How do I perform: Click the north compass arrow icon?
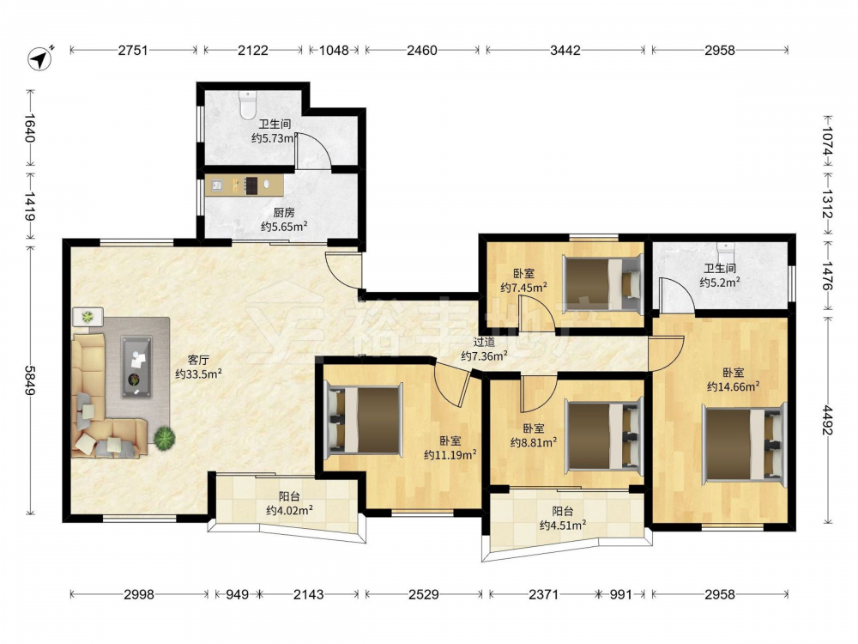40,58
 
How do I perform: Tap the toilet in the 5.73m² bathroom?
248,105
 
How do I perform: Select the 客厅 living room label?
198,360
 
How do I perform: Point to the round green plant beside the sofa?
164,438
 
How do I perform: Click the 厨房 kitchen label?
283,212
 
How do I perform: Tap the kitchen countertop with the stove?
245,185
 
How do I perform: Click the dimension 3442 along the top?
565,51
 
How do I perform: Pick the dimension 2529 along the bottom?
424,594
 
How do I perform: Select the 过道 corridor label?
484,343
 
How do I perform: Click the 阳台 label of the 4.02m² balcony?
289,496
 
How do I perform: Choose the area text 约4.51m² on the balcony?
563,526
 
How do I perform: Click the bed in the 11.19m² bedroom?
364,420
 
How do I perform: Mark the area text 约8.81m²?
534,442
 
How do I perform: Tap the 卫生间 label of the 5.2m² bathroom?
720,268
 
